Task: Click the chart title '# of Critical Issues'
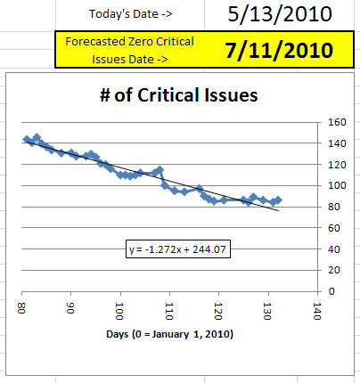pos(179,95)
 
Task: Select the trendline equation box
pos(178,249)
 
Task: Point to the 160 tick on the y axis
pos(337,122)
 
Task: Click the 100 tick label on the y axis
pos(337,185)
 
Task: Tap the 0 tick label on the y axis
pos(331,291)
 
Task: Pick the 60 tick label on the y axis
pos(334,228)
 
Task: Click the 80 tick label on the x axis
pos(21,308)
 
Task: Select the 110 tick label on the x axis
pos(169,311)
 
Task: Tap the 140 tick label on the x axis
pos(317,311)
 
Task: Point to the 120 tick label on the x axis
pos(218,311)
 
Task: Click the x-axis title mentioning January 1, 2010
pos(169,334)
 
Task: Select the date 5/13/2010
pos(280,14)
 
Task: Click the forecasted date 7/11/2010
pos(279,50)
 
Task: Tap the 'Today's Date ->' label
pos(131,14)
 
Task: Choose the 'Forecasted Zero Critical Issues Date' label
pos(130,50)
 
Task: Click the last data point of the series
pos(278,200)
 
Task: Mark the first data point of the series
pos(27,139)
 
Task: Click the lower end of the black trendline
pos(279,211)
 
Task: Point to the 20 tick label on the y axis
pos(334,270)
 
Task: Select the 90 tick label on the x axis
pos(70,308)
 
